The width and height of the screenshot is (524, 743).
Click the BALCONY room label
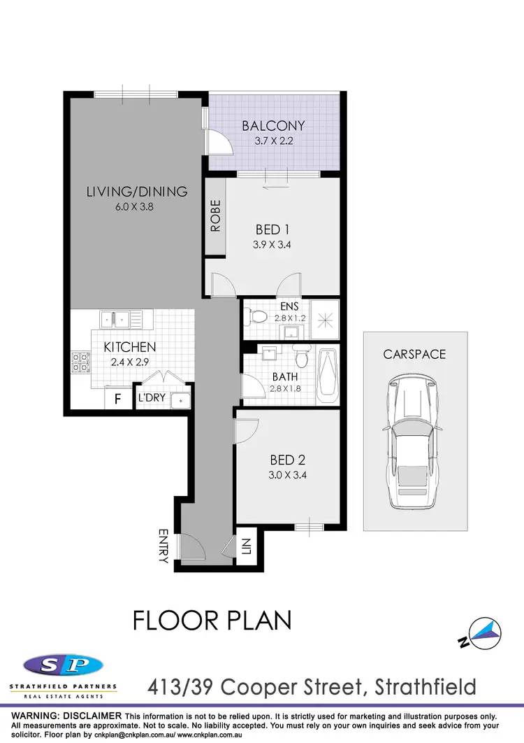pos(273,126)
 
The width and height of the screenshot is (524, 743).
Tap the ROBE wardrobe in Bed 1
pos(214,217)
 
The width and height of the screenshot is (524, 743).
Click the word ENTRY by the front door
pos(163,546)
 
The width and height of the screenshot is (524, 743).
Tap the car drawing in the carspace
pos(410,442)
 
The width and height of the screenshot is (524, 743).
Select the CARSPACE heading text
pos(414,354)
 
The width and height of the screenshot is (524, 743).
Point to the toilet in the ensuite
pos(259,317)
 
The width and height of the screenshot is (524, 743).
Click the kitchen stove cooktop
pos(80,362)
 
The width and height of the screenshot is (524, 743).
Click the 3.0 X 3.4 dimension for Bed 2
pos(288,476)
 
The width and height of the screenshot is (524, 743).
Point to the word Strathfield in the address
pos(427,687)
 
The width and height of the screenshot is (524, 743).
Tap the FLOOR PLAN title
pos(212,620)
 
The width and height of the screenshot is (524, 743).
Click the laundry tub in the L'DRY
pos(181,400)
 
